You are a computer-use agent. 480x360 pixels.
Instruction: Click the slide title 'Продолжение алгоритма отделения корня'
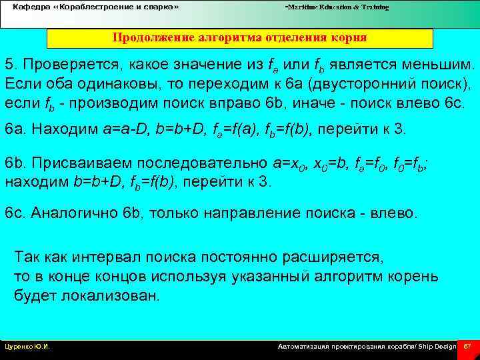point(239,37)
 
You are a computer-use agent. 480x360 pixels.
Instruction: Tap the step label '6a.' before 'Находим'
point(15,128)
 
